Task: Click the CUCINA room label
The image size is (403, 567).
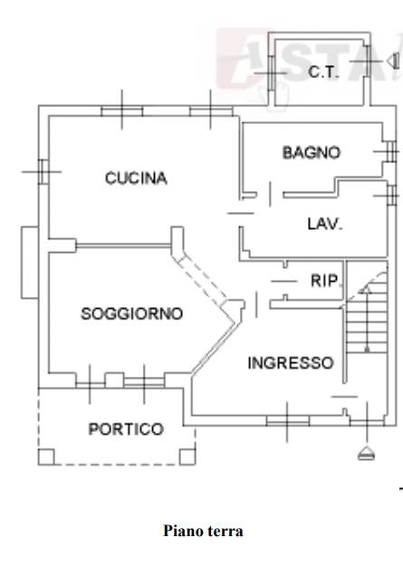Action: (x=136, y=178)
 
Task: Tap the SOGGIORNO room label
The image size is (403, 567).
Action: (x=132, y=313)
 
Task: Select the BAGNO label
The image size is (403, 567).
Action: (x=312, y=152)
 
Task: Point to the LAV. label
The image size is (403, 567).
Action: (x=324, y=224)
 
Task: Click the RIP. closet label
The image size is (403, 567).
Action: (x=325, y=281)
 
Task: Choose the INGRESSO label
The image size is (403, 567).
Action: (x=291, y=362)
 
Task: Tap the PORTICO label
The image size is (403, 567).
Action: (x=126, y=429)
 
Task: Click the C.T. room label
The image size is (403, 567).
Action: (x=323, y=72)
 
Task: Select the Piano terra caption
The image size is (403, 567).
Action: (x=203, y=531)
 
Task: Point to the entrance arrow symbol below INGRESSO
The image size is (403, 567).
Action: (x=366, y=453)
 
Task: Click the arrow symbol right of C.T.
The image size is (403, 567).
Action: (x=393, y=61)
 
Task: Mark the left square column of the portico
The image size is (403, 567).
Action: (x=46, y=456)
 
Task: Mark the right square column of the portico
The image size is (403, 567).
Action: (x=187, y=456)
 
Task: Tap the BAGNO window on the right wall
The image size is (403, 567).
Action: (x=391, y=151)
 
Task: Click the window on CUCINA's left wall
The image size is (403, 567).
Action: (x=43, y=172)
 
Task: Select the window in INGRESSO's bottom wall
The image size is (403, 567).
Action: (x=288, y=421)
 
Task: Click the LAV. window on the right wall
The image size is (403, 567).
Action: (x=391, y=196)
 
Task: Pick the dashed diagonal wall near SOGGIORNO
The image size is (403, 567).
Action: (x=202, y=277)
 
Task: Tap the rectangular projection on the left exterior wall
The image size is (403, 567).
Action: (x=30, y=263)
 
